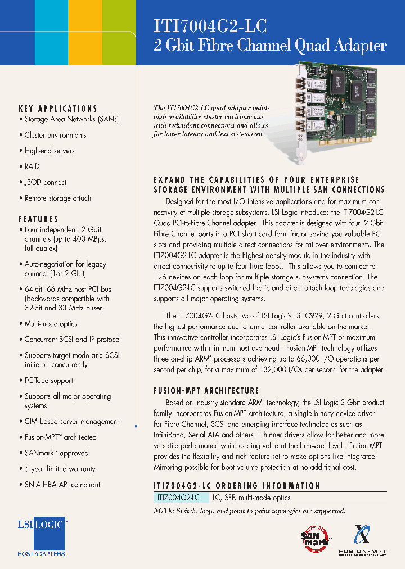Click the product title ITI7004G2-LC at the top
[210, 26]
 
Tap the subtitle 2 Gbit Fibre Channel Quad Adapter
[270, 46]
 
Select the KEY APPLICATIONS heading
[58, 109]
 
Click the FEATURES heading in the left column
[38, 219]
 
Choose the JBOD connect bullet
[45, 182]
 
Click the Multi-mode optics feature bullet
[51, 324]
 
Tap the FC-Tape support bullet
[48, 381]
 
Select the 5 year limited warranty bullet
[60, 468]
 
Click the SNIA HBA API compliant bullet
[62, 484]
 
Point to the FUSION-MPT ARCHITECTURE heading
[206, 390]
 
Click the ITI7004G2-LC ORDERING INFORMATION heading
[237, 485]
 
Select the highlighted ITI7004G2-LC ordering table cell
[179, 498]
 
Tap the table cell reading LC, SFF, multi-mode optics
[251, 498]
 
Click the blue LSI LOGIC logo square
[41, 532]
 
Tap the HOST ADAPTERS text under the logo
[41, 554]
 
